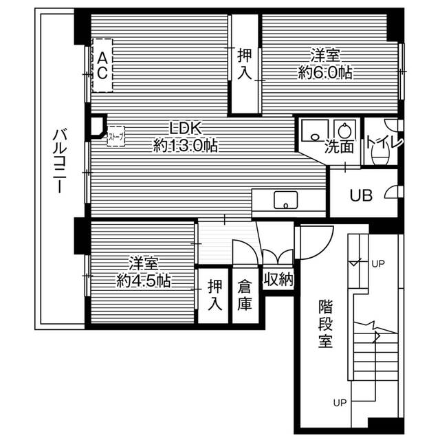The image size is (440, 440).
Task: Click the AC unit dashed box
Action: click(102, 65)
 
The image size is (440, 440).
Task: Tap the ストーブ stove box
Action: click(115, 136)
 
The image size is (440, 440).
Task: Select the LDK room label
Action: click(186, 129)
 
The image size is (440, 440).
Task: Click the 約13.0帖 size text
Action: click(186, 146)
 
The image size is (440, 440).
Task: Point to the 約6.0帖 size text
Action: click(325, 73)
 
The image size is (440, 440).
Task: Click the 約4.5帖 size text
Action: click(144, 280)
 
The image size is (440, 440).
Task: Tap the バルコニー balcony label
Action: click(59, 161)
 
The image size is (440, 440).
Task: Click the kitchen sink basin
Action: click(286, 200)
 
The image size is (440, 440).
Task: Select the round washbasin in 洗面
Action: click(344, 131)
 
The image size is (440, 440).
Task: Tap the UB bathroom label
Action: click(361, 195)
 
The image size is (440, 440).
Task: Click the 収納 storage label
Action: click(278, 280)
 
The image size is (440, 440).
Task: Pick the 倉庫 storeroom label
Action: click(245, 296)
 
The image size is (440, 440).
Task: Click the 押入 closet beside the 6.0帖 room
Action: click(245, 64)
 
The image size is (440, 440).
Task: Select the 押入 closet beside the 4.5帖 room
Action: click(215, 295)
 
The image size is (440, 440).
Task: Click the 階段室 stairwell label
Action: click(325, 324)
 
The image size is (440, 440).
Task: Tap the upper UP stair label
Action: click(378, 264)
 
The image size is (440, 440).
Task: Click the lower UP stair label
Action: click(340, 403)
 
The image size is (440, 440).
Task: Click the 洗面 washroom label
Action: click(339, 146)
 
